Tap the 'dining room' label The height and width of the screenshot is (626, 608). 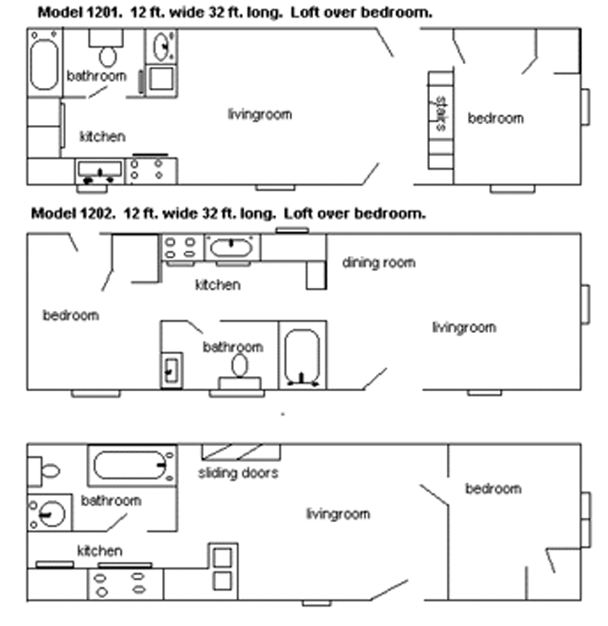point(378,263)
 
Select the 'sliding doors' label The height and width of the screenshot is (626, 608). point(238,473)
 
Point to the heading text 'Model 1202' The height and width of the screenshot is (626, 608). point(66,213)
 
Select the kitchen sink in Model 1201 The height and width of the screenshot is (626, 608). point(100,171)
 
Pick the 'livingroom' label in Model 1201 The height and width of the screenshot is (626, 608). point(259,114)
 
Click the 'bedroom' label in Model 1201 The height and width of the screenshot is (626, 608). point(496,118)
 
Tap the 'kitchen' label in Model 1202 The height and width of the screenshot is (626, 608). point(217,285)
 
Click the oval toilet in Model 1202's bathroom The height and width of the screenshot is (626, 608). point(240,366)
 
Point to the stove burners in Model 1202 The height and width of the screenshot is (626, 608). point(179,247)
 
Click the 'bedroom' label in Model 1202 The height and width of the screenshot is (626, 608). point(71,315)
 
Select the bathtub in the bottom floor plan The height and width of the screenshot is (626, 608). point(131,465)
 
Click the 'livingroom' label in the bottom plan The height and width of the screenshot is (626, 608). point(337,513)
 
